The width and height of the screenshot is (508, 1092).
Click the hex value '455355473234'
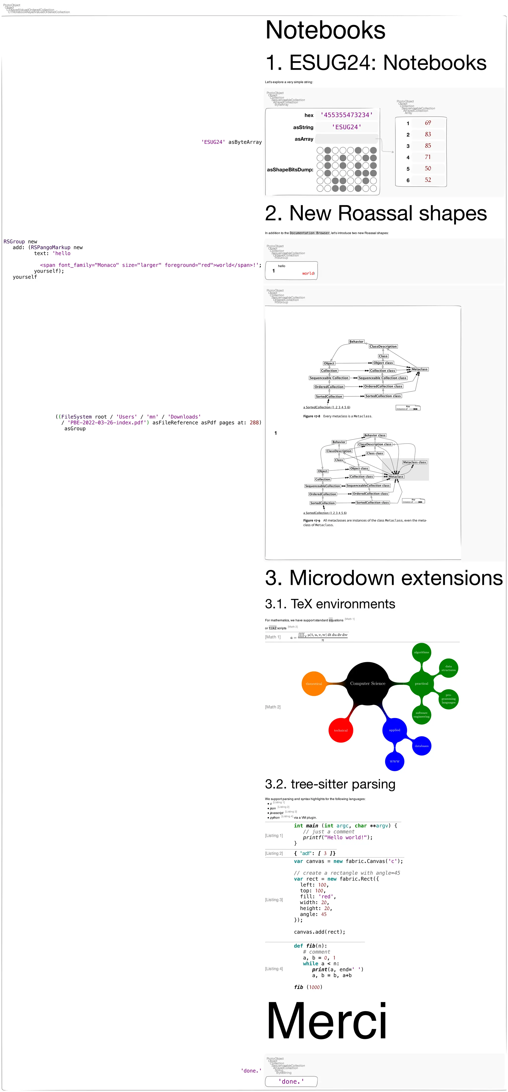click(x=347, y=115)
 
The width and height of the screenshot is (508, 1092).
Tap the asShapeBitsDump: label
click(x=290, y=170)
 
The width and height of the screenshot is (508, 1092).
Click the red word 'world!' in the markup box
click(x=308, y=273)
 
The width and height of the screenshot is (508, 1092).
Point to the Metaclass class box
click(x=414, y=462)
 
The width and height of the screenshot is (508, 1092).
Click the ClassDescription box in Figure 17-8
click(x=383, y=346)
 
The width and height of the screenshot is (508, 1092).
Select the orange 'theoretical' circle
click(x=314, y=683)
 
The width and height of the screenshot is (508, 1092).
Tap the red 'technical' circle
click(x=341, y=730)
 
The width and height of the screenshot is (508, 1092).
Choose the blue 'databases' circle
click(x=421, y=746)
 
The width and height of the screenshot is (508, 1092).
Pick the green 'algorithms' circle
click(x=421, y=652)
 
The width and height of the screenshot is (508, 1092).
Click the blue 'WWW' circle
click(x=394, y=761)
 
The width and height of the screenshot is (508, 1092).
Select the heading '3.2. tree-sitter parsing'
click(x=330, y=784)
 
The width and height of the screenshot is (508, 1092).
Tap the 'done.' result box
click(x=291, y=1081)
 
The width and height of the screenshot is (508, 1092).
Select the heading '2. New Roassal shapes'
click(x=376, y=213)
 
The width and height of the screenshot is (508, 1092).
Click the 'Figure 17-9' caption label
click(x=312, y=520)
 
